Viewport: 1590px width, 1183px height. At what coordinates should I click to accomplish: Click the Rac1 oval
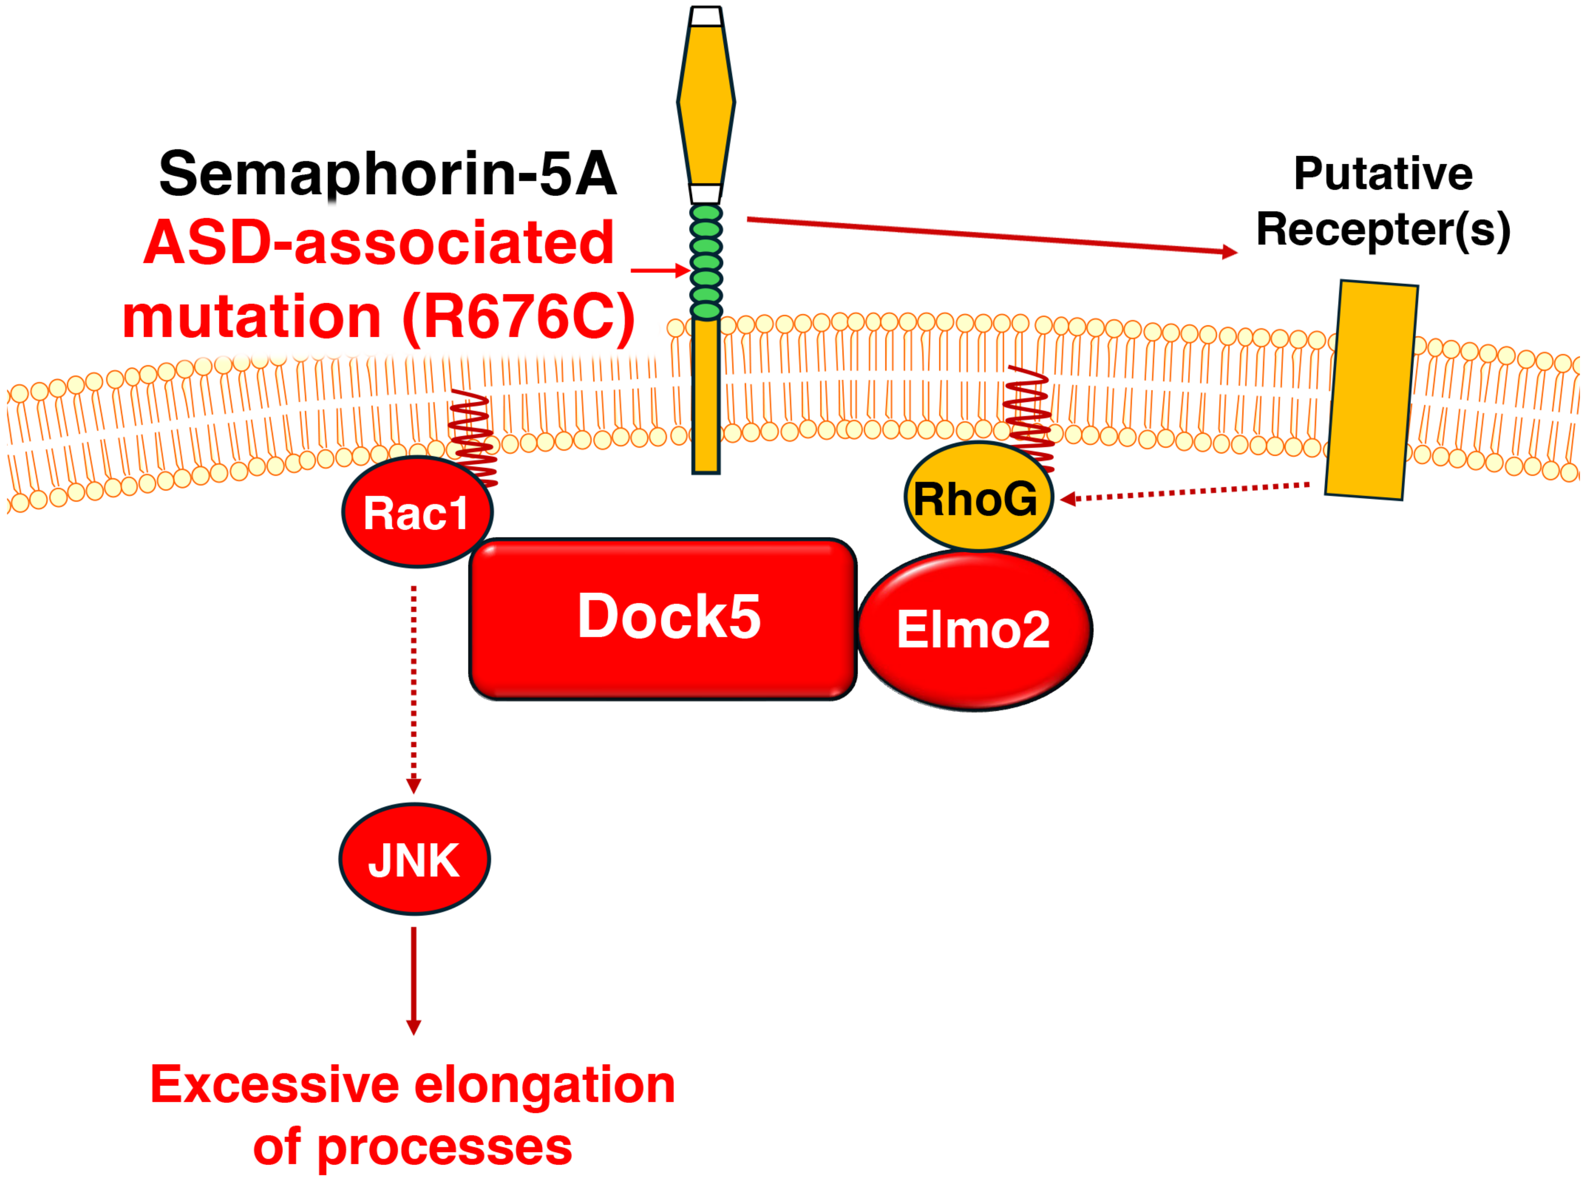(417, 513)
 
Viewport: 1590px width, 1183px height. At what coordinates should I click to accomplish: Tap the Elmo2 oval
(974, 630)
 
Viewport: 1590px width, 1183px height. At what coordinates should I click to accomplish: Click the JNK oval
(414, 859)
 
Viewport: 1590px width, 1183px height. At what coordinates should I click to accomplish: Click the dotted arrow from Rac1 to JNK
(413, 687)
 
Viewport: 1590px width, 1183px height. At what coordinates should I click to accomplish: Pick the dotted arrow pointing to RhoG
(1182, 493)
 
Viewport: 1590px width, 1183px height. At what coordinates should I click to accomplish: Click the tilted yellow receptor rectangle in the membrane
(1371, 390)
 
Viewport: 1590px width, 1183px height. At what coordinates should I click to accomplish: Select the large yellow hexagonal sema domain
(706, 104)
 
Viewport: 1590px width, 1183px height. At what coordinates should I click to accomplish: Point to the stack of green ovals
(706, 261)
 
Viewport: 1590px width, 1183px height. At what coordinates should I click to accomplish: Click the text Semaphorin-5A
(387, 174)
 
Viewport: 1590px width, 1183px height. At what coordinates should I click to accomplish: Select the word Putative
(1382, 174)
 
